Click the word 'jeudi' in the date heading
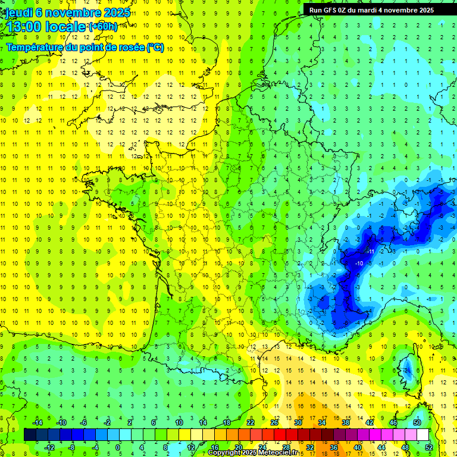pyautogui.click(x=18, y=12)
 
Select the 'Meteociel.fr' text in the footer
pyautogui.click(x=280, y=453)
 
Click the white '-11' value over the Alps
pyautogui.click(x=370, y=251)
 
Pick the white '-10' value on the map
pyautogui.click(x=359, y=262)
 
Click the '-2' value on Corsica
pyautogui.click(x=408, y=369)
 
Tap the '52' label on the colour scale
pyautogui.click(x=429, y=447)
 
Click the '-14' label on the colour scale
pyautogui.click(x=37, y=422)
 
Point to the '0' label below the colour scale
pyautogui.click(x=118, y=447)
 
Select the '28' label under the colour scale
pyautogui.click(x=286, y=447)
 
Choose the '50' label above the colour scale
pyautogui.click(x=417, y=422)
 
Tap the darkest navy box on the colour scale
pyautogui.click(x=29, y=435)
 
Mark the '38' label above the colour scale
pyautogui.click(x=345, y=422)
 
